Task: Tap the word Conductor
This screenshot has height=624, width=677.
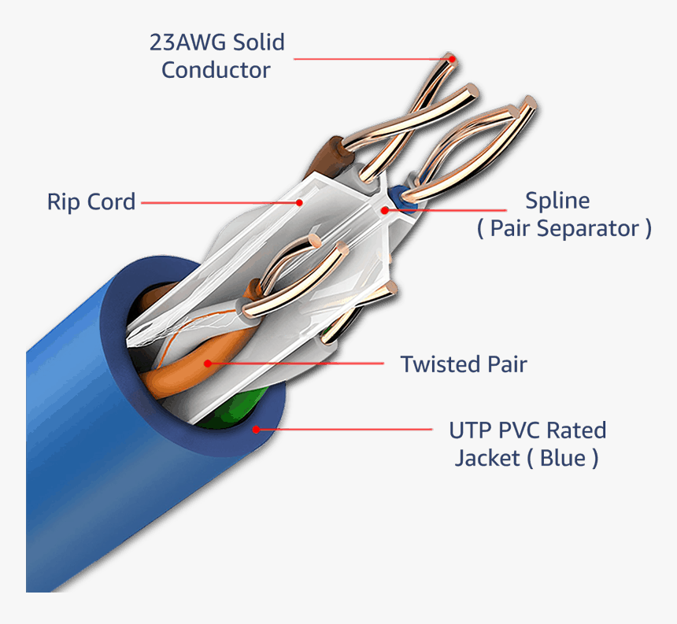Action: (x=216, y=69)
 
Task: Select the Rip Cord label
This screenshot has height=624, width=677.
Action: (x=91, y=201)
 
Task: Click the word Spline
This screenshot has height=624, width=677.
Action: (x=557, y=201)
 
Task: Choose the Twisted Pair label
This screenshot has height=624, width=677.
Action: (x=463, y=364)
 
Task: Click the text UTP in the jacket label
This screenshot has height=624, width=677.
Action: (x=470, y=430)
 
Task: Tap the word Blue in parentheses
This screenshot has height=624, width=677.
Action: (x=564, y=458)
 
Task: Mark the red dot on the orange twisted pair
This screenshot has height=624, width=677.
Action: (x=208, y=364)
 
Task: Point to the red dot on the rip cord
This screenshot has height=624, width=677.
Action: (x=299, y=202)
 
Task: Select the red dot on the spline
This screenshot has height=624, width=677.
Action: (x=384, y=209)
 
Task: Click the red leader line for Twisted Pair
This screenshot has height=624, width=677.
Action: (x=299, y=364)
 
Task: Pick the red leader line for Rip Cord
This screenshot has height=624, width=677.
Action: (x=220, y=202)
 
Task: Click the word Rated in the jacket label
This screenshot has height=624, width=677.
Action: (x=576, y=430)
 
